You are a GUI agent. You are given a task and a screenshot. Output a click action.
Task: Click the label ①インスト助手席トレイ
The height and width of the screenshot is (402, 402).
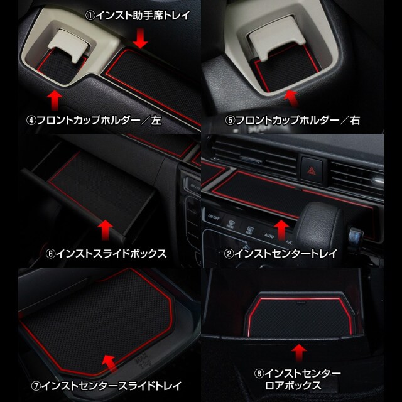(138, 15)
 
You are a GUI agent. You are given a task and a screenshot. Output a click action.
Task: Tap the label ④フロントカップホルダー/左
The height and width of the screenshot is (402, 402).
(94, 120)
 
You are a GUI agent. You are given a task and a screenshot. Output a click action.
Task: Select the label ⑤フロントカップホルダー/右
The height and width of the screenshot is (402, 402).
(293, 120)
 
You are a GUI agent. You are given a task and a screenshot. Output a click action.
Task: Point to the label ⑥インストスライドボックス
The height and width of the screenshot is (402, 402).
(106, 254)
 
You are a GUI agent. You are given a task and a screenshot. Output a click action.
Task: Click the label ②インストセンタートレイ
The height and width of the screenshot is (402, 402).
(281, 254)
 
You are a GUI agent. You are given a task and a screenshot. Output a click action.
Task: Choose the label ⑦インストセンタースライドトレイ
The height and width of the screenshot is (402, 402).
(106, 386)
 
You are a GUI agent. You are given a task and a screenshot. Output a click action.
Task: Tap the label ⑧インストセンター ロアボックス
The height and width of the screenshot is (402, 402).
(297, 379)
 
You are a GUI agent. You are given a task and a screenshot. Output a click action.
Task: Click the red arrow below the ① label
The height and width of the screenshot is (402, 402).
(141, 38)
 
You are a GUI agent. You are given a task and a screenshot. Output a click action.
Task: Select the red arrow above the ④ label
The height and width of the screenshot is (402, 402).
(55, 100)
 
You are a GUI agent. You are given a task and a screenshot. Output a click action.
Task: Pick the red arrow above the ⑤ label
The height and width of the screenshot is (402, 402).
(293, 99)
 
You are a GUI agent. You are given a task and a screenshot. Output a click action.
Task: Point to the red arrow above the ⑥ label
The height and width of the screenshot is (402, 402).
(106, 231)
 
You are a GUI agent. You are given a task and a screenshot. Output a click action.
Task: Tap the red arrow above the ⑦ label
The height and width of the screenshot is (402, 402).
(111, 364)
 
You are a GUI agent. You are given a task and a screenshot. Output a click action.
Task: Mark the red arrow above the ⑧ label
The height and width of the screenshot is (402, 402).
(299, 353)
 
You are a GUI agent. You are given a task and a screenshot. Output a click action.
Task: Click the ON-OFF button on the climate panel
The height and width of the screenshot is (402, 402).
(214, 217)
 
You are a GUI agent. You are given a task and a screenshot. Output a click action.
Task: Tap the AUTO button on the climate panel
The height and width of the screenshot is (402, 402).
(269, 235)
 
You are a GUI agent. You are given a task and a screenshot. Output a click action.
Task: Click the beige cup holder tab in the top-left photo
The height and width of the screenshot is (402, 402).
(69, 45)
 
